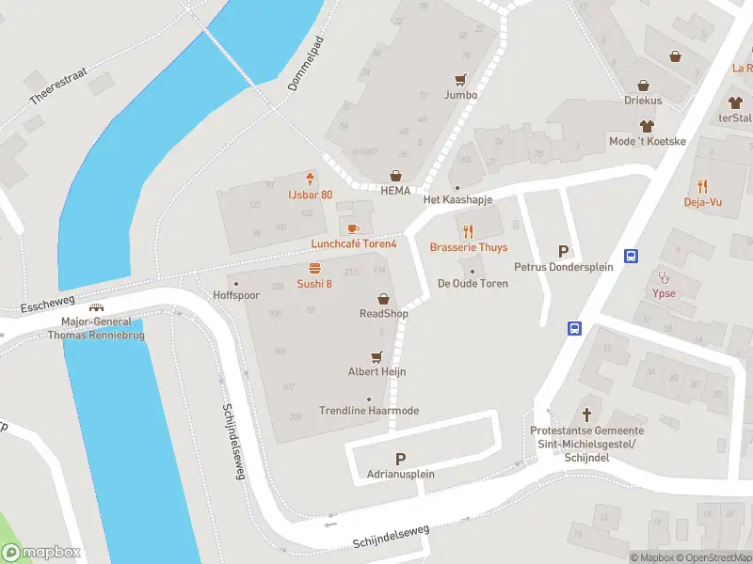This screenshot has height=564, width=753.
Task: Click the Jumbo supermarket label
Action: pyautogui.click(x=460, y=95)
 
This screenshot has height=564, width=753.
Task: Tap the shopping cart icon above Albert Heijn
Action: pyautogui.click(x=376, y=356)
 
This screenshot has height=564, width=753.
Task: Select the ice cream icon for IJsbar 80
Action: pyautogui.click(x=310, y=179)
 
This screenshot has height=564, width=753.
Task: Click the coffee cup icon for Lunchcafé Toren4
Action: pyautogui.click(x=353, y=228)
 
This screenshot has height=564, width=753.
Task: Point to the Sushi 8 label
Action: pyautogui.click(x=314, y=284)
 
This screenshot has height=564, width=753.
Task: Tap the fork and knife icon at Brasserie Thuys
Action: pyautogui.click(x=468, y=231)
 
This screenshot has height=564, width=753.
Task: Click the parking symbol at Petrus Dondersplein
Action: pyautogui.click(x=564, y=251)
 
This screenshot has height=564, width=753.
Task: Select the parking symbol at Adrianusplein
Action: pyautogui.click(x=401, y=459)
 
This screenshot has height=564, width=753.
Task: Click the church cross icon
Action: pyautogui.click(x=587, y=414)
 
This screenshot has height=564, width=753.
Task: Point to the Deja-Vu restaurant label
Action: pyautogui.click(x=702, y=202)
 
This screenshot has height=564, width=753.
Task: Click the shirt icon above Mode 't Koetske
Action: pyautogui.click(x=647, y=125)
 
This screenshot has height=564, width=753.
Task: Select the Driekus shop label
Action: pyautogui.click(x=643, y=100)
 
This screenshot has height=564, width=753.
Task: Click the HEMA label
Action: pyautogui.click(x=395, y=190)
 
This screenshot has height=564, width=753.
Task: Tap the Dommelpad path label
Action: pyautogui.click(x=306, y=70)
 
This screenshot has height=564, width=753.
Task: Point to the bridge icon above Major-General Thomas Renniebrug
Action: pyautogui.click(x=96, y=307)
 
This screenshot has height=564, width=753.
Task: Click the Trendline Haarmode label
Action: pyautogui.click(x=369, y=411)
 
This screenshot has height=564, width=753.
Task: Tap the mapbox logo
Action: pyautogui.click(x=40, y=553)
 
